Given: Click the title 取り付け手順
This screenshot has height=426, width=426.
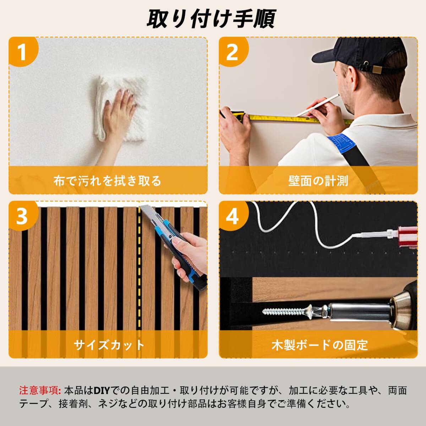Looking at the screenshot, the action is pos(211,19).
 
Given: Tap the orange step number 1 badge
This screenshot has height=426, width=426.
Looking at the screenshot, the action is pos(23,52).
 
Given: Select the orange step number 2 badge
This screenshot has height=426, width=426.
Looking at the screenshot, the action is pos(234,52).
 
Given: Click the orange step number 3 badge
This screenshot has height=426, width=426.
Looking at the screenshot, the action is pos(23,215).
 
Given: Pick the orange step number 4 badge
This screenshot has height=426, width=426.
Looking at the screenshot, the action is pos(234,215).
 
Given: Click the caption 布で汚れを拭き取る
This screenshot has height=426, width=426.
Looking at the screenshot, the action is pos(108,181).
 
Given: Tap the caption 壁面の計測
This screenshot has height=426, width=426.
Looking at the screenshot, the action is pos(318,181).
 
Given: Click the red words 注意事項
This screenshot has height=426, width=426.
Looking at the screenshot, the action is pos(39,390).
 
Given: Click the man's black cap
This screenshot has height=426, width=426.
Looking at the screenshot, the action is pos(359,55).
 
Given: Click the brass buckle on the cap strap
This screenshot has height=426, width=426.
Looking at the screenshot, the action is pos(378,69).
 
